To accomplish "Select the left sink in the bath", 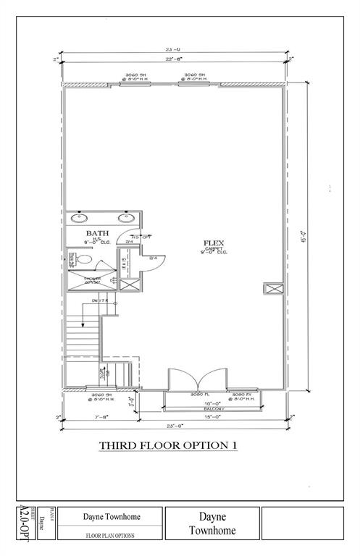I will [x=80, y=216].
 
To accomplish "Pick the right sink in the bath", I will [x=127, y=216].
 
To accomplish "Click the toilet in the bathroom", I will [x=84, y=258].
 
